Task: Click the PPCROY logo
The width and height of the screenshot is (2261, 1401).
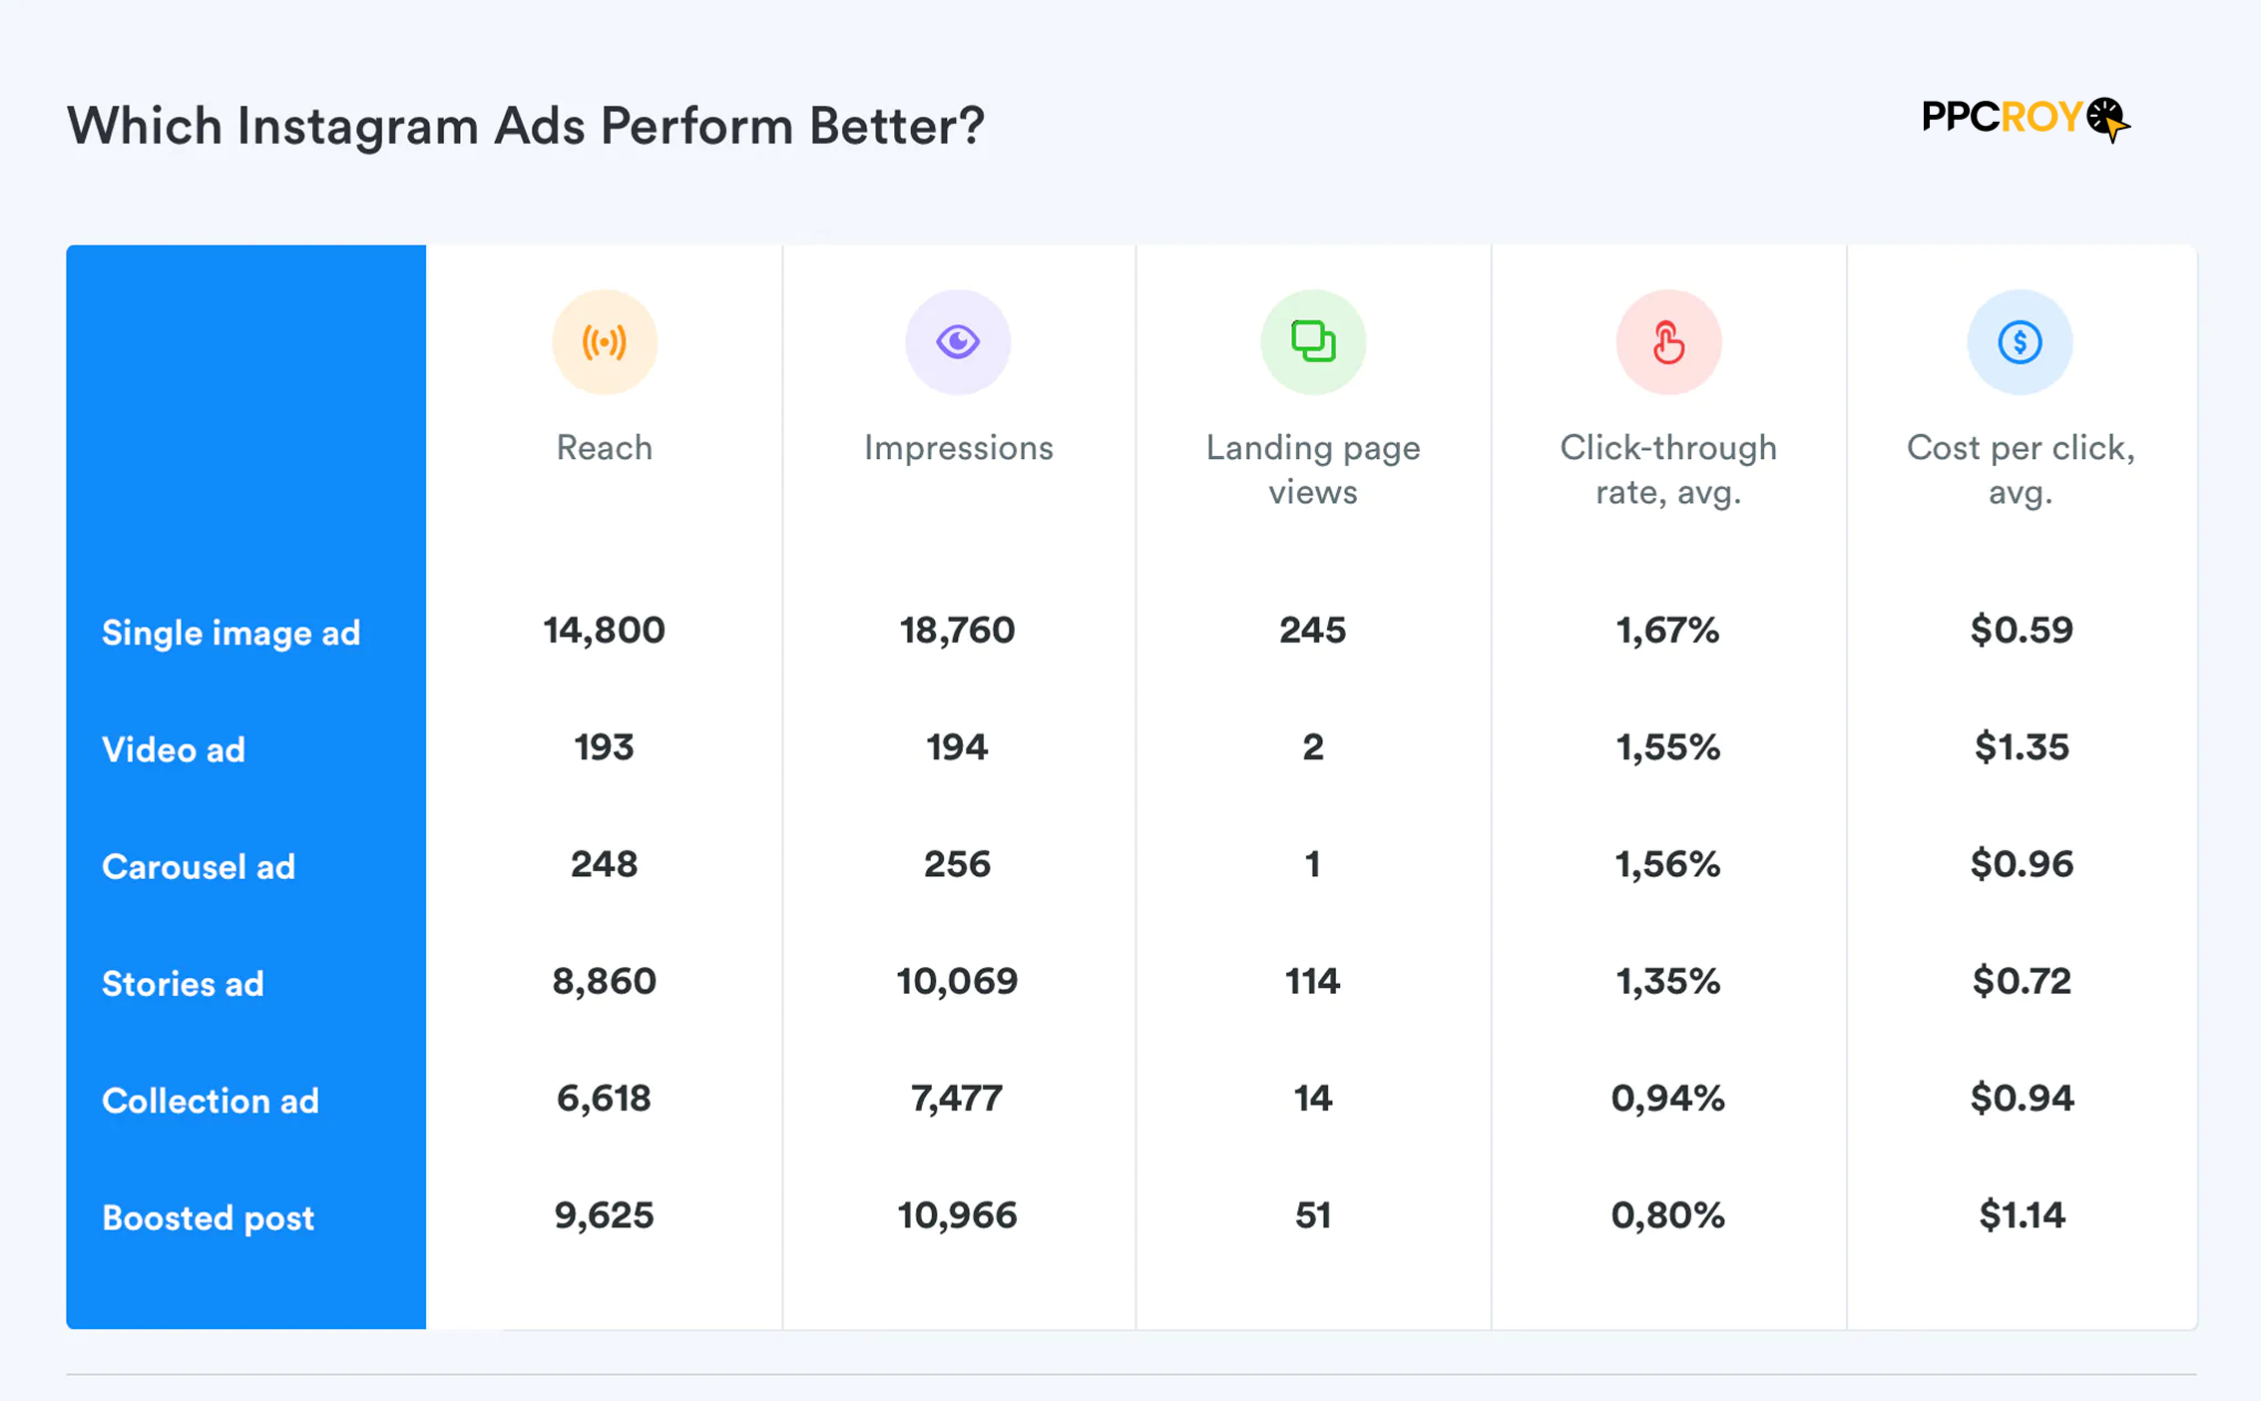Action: tap(2025, 119)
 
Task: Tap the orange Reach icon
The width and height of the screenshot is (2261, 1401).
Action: tap(604, 342)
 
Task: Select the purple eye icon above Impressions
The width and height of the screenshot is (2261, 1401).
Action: tap(958, 342)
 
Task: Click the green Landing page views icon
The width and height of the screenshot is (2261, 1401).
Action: tap(1313, 342)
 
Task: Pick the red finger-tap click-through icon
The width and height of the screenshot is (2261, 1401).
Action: tap(1668, 342)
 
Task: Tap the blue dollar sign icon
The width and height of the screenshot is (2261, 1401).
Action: tap(2020, 342)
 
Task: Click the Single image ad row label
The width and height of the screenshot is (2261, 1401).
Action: tap(230, 633)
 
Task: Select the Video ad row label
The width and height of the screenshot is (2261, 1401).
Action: tap(174, 749)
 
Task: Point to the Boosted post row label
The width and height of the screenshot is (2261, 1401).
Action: tap(208, 1217)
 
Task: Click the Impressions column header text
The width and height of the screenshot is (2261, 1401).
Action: tap(958, 448)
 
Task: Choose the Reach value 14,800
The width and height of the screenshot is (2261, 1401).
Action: tap(604, 631)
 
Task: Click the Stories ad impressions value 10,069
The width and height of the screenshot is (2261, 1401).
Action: tap(957, 982)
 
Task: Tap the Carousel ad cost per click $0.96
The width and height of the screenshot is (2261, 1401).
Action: tap(2022, 864)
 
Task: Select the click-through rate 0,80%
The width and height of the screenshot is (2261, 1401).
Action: tap(1667, 1215)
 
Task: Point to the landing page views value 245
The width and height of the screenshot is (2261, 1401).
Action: tap(1312, 631)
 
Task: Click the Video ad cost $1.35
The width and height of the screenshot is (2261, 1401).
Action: tap(2022, 747)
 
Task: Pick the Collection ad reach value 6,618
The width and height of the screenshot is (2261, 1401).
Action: tap(604, 1099)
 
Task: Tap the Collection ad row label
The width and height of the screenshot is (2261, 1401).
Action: tap(211, 1101)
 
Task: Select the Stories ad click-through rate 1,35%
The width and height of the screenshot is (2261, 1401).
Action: tap(1667, 982)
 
